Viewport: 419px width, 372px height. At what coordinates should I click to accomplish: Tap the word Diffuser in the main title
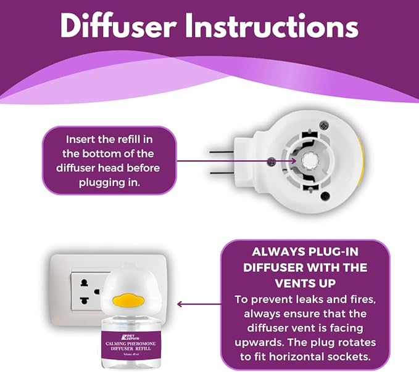(x=122, y=26)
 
